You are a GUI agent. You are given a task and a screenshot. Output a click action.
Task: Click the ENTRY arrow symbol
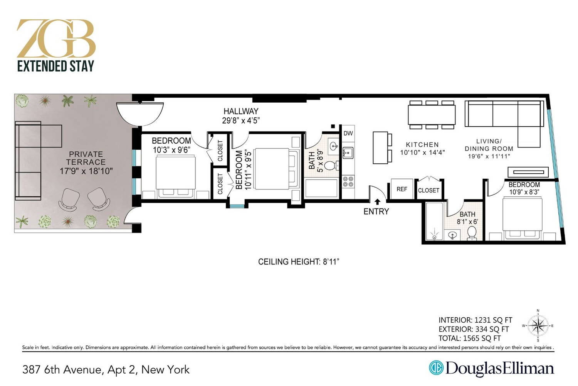[x=377, y=201]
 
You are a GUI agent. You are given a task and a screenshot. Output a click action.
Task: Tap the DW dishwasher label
[x=348, y=134]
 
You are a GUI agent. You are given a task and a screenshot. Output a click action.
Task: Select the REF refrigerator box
[x=402, y=189]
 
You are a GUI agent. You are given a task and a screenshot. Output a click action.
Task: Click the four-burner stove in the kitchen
[x=348, y=181]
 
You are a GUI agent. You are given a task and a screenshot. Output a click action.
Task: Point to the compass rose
[x=538, y=326]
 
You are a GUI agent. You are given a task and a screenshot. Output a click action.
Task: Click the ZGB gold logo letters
[x=56, y=39]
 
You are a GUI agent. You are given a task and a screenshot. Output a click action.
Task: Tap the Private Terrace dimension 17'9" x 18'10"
[x=86, y=171]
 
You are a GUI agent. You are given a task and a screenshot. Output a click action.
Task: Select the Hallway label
[x=241, y=111]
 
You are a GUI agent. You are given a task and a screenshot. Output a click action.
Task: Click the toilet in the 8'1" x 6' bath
[x=472, y=234]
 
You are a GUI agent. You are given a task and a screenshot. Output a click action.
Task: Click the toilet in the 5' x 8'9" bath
[x=330, y=166]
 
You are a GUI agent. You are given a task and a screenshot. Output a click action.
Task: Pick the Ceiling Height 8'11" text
[x=298, y=262]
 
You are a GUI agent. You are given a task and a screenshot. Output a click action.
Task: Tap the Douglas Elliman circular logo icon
[x=436, y=368]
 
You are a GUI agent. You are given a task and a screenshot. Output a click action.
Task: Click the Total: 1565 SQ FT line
[x=469, y=338]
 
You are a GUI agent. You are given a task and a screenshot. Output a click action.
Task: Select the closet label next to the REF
[x=428, y=190]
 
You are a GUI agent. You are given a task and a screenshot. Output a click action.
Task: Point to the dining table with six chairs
[x=432, y=115]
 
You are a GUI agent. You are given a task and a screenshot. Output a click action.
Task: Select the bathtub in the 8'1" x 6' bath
[x=434, y=222]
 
